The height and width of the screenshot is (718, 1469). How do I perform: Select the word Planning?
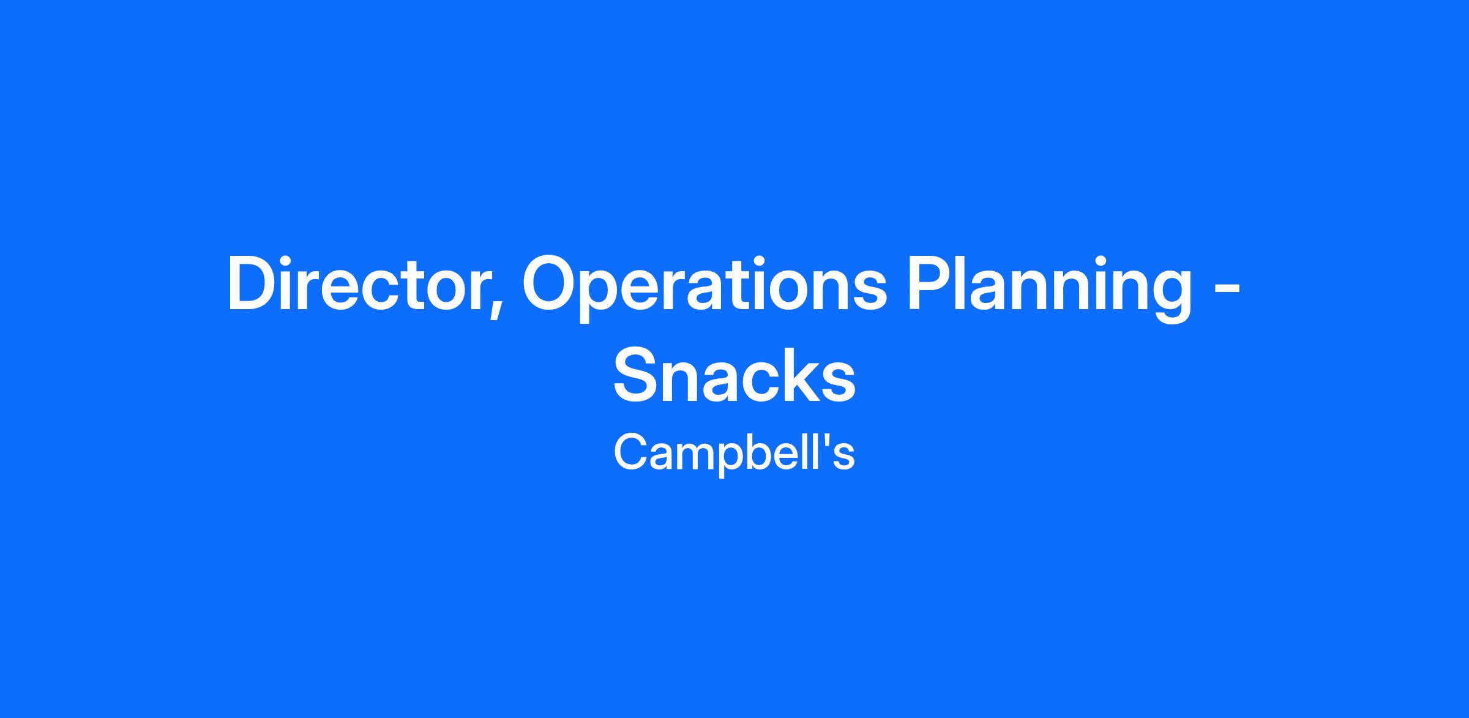point(1049,288)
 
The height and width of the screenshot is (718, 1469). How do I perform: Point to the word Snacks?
point(734,375)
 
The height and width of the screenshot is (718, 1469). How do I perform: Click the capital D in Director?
point(254,284)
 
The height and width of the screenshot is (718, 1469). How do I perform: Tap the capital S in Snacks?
point(637,375)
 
